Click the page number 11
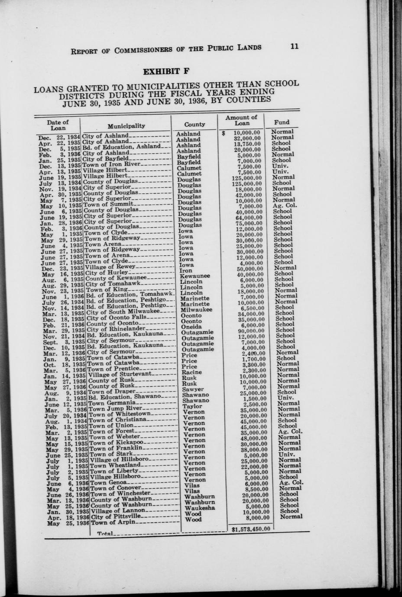coord(295,46)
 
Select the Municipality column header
coord(126,126)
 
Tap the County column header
coord(195,124)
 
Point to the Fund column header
coord(282,122)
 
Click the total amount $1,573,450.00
coord(251,528)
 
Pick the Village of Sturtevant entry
coord(120,374)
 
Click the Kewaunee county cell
coord(195,276)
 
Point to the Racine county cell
coord(191,372)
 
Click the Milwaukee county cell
coord(196,310)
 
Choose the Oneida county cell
coord(191,327)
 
